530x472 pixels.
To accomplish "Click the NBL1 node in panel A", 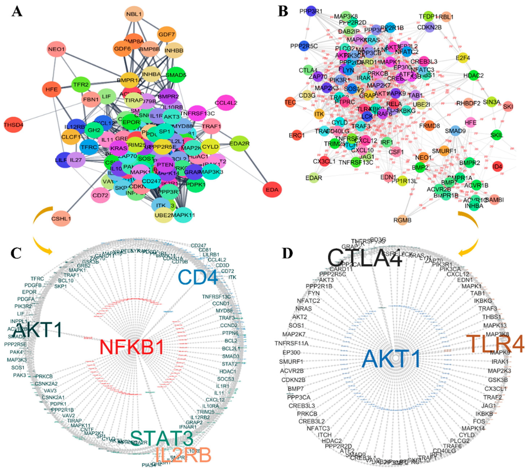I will (134, 14).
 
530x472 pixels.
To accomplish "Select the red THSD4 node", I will (14, 125).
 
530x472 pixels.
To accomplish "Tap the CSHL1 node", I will (61, 219).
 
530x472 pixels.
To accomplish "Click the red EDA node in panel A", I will (272, 190).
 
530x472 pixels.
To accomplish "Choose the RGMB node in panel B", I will (403, 220).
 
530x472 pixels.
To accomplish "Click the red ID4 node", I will (498, 166).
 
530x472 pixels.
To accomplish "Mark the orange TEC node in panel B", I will (290, 102).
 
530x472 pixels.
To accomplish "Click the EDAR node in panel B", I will (314, 178).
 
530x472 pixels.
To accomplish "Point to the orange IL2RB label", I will (184, 455).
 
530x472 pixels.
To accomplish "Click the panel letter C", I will (16, 253).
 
